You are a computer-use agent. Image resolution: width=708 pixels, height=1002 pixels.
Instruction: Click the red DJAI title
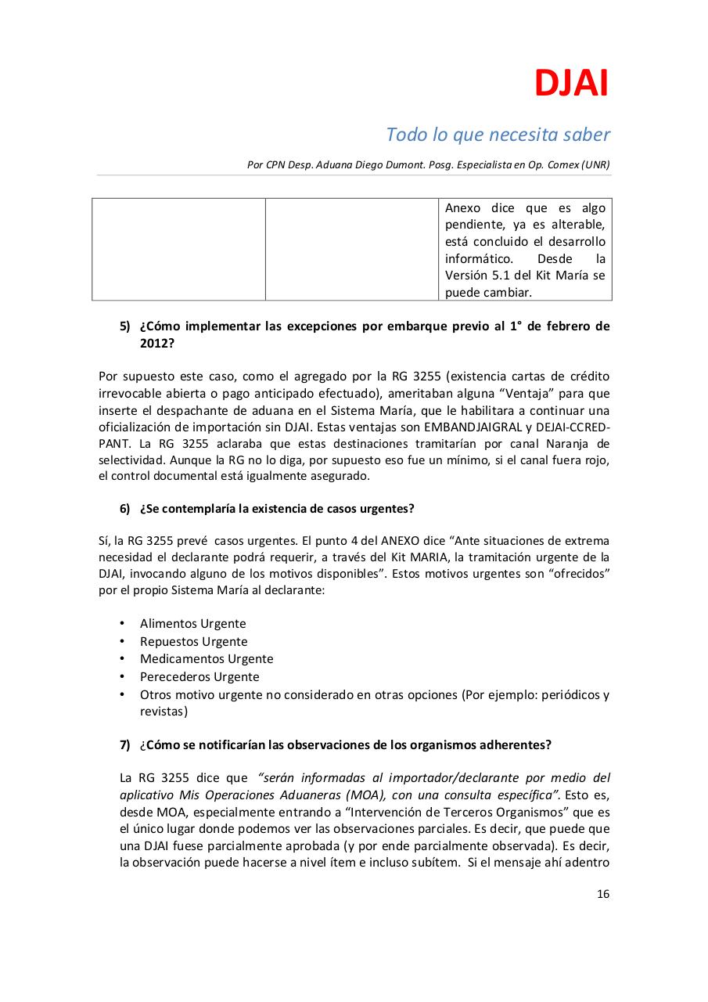[x=571, y=84]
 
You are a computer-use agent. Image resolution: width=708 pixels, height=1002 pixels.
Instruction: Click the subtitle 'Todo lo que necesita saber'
[x=498, y=135]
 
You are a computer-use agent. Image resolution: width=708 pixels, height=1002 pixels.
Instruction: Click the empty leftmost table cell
[x=178, y=249]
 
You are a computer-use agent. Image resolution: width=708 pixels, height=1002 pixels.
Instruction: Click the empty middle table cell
[x=351, y=249]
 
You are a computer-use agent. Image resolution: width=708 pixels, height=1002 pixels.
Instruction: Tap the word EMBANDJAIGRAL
[x=463, y=427]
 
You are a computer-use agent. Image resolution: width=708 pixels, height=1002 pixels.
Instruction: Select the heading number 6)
[x=125, y=509]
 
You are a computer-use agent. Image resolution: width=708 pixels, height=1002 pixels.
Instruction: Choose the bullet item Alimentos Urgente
[x=192, y=624]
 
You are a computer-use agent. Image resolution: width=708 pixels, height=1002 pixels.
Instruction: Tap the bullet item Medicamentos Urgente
[x=207, y=659]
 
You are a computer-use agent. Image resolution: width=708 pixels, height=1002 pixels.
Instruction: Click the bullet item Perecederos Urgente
[x=199, y=677]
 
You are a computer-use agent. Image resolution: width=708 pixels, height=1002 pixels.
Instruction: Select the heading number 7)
[x=125, y=745]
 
